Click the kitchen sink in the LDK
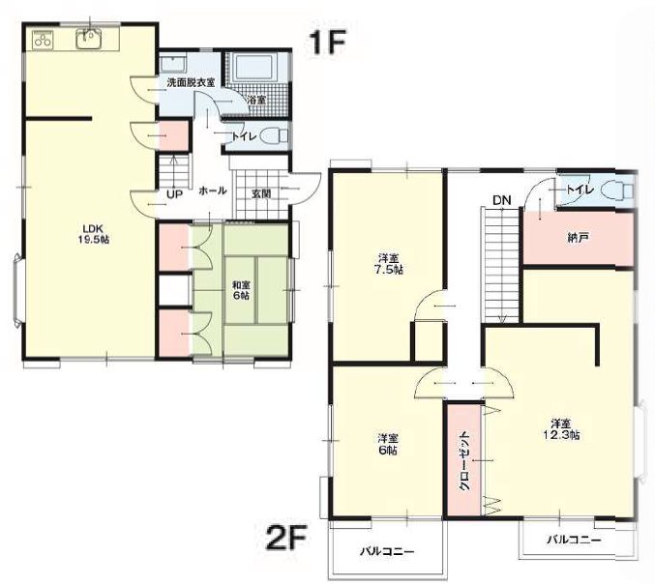click(x=88, y=40)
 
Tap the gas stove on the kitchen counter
click(x=42, y=40)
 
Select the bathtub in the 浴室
click(x=254, y=67)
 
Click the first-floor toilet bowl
click(x=274, y=136)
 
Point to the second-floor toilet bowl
click(x=618, y=190)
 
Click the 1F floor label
click(x=327, y=43)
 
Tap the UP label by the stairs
click(x=175, y=194)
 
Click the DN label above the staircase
click(x=502, y=200)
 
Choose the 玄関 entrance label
click(x=261, y=193)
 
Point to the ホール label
click(x=213, y=190)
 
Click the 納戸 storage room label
click(x=579, y=239)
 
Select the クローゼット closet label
click(x=463, y=461)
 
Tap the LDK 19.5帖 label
click(x=96, y=234)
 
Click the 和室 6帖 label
click(x=241, y=290)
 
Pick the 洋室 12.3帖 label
click(x=565, y=429)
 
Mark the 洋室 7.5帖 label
click(x=388, y=263)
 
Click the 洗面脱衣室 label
click(x=191, y=82)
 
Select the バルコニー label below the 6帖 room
click(x=388, y=552)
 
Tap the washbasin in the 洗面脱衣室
click(x=173, y=65)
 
